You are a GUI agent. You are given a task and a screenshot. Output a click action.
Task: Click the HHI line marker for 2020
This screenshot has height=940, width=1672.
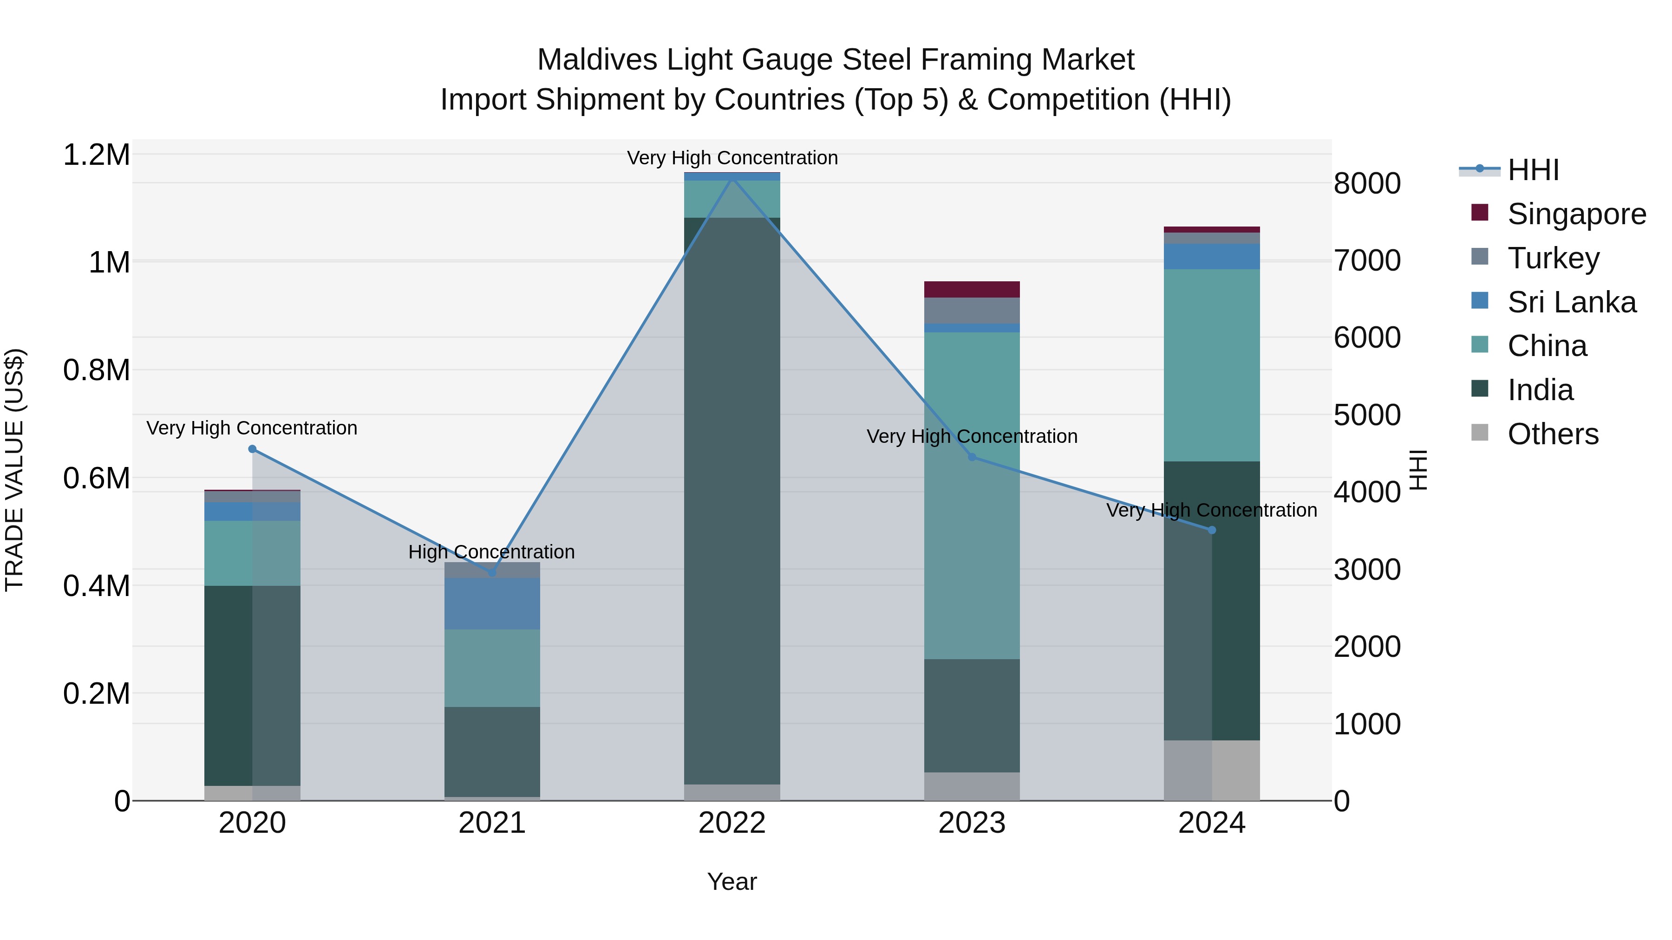click(253, 449)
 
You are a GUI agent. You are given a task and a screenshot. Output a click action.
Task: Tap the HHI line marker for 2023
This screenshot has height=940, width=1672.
click(972, 457)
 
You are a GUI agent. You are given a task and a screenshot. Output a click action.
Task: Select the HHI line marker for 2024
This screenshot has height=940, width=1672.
click(1211, 530)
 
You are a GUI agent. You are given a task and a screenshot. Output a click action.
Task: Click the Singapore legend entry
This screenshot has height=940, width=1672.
click(1576, 214)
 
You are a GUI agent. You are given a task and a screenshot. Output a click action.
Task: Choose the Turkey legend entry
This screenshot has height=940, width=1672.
click(1553, 258)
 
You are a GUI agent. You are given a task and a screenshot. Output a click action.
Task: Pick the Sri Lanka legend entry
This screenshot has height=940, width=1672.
click(1571, 302)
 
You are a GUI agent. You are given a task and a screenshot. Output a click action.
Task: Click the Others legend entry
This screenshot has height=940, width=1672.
click(1553, 434)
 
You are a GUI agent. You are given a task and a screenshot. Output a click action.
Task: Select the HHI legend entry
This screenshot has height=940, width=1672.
click(1533, 170)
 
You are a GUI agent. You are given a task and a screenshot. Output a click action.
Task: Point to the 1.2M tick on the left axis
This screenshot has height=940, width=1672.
click(96, 155)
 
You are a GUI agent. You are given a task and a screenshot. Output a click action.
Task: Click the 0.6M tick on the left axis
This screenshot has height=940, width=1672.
click(96, 478)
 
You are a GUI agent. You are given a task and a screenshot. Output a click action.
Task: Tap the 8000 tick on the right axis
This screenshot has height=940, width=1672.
click(1367, 183)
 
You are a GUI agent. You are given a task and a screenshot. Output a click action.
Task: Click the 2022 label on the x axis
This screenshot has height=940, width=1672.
click(731, 823)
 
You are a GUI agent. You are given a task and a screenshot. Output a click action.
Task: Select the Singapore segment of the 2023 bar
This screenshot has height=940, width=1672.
click(972, 289)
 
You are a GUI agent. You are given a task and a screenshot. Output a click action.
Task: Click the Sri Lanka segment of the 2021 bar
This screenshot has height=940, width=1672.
click(492, 603)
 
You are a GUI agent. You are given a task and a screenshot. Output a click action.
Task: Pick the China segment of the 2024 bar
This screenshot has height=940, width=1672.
click(1211, 365)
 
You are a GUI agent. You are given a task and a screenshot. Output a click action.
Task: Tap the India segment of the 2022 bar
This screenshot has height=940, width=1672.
click(731, 499)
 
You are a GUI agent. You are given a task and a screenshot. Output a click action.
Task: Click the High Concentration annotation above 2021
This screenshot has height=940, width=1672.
click(491, 552)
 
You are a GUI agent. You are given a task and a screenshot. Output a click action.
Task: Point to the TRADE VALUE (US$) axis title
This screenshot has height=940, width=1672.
click(14, 470)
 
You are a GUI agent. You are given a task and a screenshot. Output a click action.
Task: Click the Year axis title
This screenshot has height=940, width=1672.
click(731, 882)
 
